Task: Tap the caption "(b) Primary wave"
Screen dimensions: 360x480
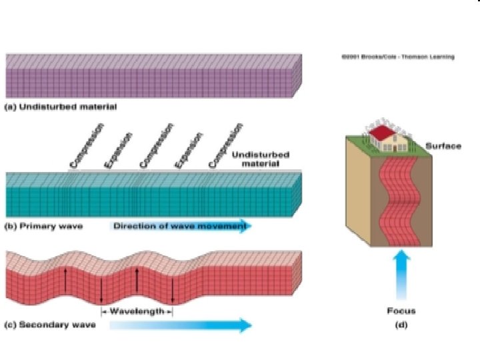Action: tap(44, 226)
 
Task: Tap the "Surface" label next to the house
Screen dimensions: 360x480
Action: tap(443, 146)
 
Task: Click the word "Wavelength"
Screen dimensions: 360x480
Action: tap(137, 311)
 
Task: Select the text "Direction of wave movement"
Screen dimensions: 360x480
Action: tap(180, 226)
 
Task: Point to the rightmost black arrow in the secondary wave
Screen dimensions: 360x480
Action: tap(172, 291)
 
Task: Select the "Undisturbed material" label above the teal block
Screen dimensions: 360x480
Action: tap(264, 159)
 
